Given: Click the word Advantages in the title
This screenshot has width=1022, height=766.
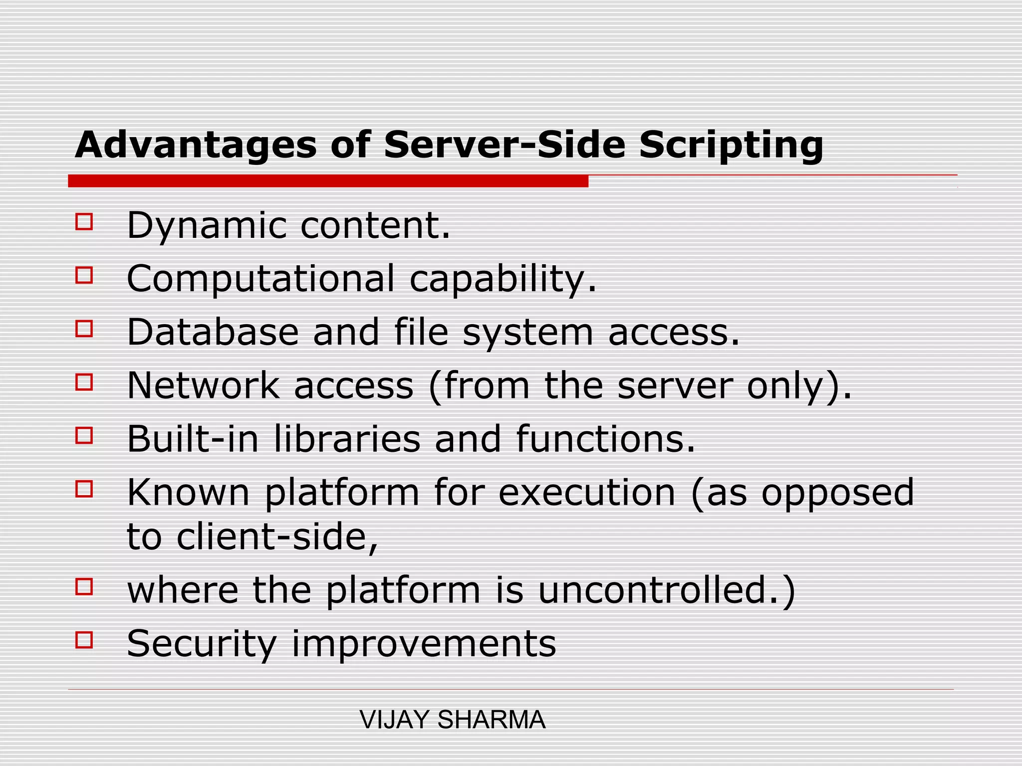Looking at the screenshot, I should coord(196,145).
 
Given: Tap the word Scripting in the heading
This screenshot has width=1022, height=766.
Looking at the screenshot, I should coord(731,145).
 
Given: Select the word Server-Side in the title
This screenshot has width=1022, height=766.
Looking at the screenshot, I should coord(505,145).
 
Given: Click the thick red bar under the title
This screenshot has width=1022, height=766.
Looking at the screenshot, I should coord(328,181).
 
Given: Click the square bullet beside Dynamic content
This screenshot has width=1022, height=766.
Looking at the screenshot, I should coord(84,221).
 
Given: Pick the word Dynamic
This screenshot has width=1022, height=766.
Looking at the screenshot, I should coord(207,226).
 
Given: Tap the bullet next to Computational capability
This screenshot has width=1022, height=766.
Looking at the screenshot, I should coord(84,275).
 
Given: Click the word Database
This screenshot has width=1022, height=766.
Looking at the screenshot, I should coord(213,332).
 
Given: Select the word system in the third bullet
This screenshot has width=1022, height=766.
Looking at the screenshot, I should coord(528,333).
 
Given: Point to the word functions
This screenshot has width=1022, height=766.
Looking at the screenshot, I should coord(605,439).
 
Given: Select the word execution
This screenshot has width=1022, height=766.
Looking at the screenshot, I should coord(587,493).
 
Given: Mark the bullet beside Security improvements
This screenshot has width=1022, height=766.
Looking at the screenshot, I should coord(84,640).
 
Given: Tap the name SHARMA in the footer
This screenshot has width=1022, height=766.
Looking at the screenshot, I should coord(492,720).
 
